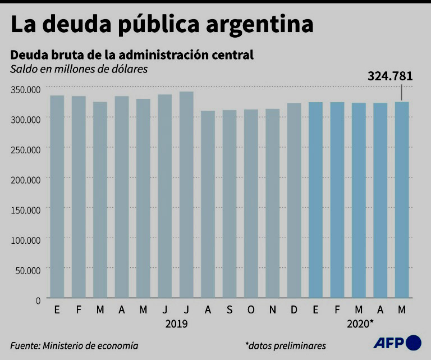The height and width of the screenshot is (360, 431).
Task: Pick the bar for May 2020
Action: click(402, 199)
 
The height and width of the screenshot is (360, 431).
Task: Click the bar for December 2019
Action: click(294, 200)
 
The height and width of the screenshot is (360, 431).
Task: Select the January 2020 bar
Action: click(315, 199)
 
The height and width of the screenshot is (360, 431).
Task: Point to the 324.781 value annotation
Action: click(390, 76)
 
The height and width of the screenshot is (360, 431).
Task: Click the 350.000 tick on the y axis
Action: click(26, 89)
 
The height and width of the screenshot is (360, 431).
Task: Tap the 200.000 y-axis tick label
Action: click(26, 179)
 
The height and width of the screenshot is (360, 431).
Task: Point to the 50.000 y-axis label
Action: click(28, 270)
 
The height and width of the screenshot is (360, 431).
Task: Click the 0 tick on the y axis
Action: click(38, 300)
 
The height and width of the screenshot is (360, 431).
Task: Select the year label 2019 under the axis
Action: click(176, 324)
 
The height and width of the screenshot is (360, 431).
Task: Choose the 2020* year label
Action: click(360, 324)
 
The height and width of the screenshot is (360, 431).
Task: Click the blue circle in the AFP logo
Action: click(413, 343)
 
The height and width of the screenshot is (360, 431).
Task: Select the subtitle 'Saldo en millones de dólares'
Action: click(70, 69)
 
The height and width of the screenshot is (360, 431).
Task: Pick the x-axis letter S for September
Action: click(230, 309)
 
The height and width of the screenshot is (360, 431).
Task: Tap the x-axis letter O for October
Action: click(251, 309)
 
